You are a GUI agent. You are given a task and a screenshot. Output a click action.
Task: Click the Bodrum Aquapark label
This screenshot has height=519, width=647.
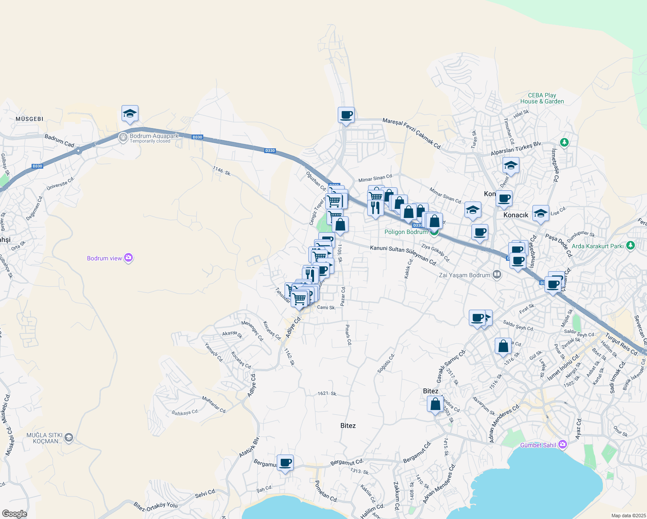pos(154,136)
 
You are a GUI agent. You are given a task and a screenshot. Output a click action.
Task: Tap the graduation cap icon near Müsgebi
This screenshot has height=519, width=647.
pos(130,114)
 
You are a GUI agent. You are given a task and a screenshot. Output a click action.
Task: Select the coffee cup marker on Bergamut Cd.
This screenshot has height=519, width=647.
pos(285,463)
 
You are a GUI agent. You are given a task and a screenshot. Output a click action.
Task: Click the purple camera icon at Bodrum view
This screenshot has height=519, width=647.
pos(128,258)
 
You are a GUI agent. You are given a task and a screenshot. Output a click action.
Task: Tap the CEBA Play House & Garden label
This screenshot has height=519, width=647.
pos(542,98)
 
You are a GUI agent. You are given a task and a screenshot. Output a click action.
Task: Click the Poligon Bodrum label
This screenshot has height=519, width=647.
pos(406,232)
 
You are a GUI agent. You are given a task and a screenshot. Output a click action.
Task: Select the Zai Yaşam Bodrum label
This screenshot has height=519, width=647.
pos(464,275)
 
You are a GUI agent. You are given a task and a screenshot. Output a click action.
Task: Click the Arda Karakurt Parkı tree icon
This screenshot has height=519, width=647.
pos(631,246)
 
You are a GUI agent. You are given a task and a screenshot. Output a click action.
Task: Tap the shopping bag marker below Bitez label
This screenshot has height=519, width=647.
pos(436,404)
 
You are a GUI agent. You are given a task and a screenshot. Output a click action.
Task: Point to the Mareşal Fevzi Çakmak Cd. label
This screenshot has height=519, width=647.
pos(412,134)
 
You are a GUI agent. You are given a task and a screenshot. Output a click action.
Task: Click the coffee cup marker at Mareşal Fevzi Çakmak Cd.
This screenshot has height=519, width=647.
pos(346,115)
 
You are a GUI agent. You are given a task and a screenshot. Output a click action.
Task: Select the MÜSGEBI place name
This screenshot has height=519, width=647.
pos(29,119)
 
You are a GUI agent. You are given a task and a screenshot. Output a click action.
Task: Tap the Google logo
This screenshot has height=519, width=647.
pos(14,514)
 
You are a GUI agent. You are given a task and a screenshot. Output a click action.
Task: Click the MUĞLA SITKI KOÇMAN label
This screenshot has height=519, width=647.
pos(45,438)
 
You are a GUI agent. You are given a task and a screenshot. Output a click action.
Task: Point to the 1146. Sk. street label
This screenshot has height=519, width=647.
pos(222,171)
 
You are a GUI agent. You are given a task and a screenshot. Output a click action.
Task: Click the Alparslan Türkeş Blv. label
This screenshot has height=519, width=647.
pos(516,149)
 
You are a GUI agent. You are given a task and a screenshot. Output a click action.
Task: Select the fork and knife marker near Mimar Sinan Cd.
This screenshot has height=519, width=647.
pos(375,208)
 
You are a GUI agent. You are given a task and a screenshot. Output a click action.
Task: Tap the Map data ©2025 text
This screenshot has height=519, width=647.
pos(628,516)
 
